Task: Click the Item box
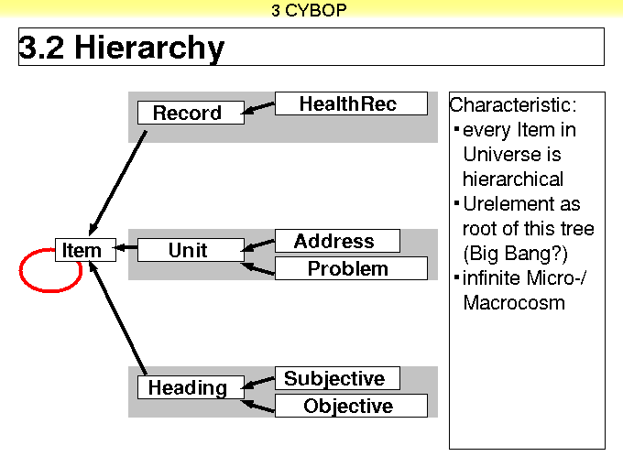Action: [85, 250]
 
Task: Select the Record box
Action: [191, 113]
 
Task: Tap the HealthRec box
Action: [351, 103]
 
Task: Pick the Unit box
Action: [191, 250]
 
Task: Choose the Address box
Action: [337, 241]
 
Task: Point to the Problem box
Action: [351, 268]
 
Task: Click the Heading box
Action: [191, 387]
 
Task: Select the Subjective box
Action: [337, 378]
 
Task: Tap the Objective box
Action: [351, 406]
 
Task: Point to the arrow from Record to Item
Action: [118, 183]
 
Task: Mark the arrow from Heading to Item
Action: [118, 318]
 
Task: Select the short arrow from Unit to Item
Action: [126, 248]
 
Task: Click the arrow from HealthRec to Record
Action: [258, 108]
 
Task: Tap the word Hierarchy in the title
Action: [149, 48]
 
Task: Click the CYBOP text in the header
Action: [315, 10]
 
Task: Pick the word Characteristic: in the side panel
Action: [513, 105]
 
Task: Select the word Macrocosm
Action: [514, 302]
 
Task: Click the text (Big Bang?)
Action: [516, 254]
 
